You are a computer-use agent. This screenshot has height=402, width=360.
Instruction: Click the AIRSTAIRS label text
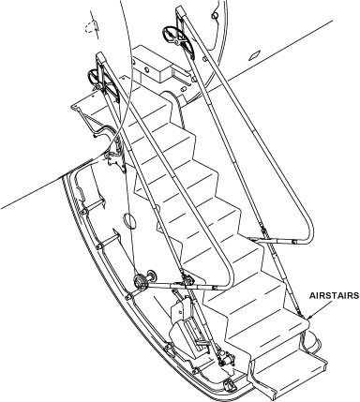[334, 295]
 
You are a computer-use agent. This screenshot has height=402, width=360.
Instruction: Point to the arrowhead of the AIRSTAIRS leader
[308, 318]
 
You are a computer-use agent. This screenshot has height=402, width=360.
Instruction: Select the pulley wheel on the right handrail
[172, 34]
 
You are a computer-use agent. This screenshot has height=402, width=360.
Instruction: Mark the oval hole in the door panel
[128, 220]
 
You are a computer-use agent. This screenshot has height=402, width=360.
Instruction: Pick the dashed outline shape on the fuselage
[92, 27]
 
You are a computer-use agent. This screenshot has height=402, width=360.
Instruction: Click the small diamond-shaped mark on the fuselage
[253, 55]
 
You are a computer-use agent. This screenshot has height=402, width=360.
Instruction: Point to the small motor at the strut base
[227, 359]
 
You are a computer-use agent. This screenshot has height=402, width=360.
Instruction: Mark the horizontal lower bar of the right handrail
[275, 241]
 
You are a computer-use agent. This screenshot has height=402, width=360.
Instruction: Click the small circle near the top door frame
[215, 15]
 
